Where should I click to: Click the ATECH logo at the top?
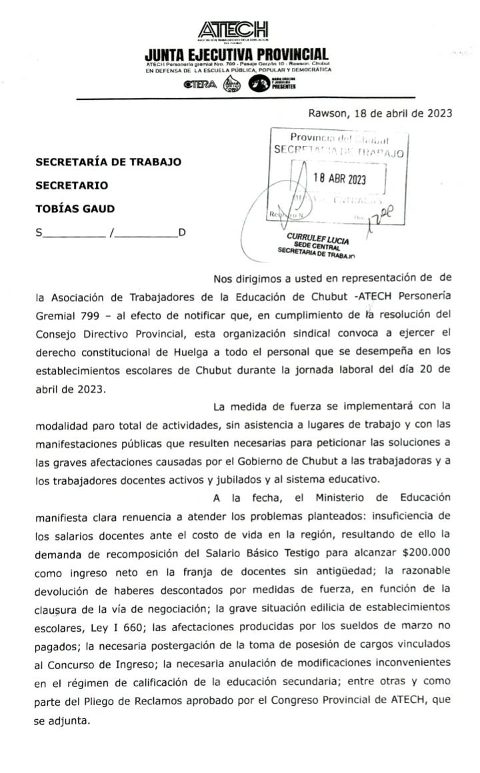click(233, 30)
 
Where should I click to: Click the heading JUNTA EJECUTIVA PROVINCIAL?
click(237, 54)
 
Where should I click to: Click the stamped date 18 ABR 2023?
click(339, 179)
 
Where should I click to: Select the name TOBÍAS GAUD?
click(75, 209)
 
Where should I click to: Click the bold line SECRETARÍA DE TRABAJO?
click(108, 162)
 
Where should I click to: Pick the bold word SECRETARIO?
click(71, 185)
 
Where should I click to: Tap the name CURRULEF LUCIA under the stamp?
click(317, 238)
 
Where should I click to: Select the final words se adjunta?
click(61, 720)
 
